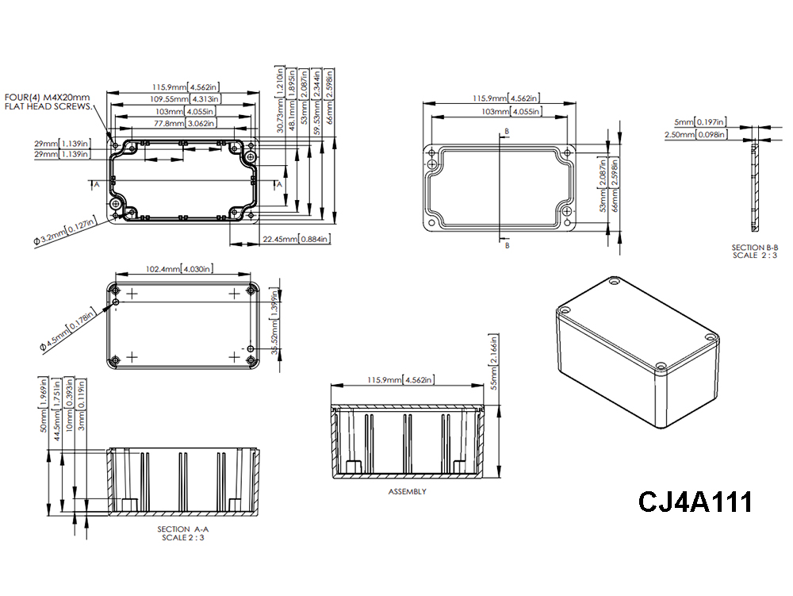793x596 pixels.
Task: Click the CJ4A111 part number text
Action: coord(695,502)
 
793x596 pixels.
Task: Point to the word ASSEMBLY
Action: coord(407,491)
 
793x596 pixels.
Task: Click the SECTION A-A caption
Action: coord(180,529)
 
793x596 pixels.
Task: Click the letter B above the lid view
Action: coord(506,131)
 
